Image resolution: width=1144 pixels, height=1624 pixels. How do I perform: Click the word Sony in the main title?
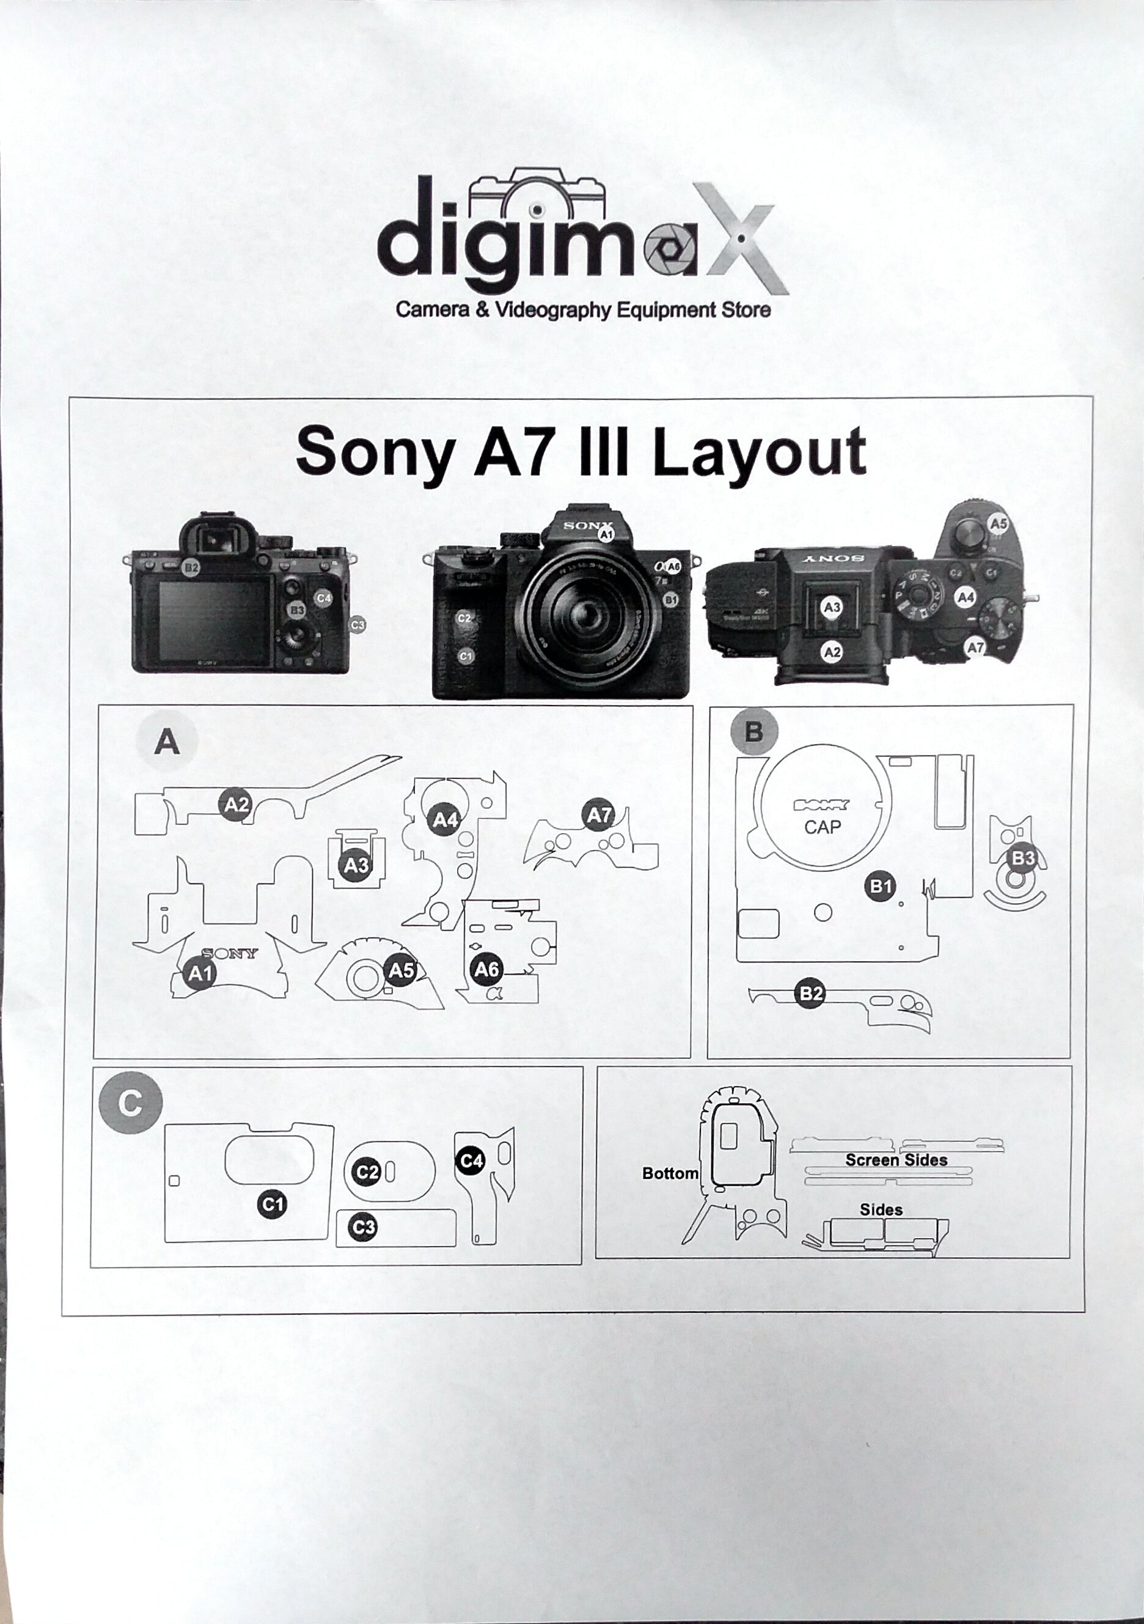[375, 452]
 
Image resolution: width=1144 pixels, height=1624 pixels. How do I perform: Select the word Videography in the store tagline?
[552, 310]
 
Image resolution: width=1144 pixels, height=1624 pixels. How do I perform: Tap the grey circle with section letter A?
[167, 742]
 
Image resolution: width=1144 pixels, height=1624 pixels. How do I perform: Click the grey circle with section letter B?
[754, 731]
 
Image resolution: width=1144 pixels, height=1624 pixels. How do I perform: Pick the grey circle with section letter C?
[131, 1102]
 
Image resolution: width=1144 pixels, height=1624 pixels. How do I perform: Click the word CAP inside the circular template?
[823, 827]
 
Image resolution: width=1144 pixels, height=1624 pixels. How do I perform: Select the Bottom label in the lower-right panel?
[670, 1173]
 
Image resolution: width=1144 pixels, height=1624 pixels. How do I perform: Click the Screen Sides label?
[896, 1160]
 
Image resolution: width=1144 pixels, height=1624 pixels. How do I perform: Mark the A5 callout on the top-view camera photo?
[998, 524]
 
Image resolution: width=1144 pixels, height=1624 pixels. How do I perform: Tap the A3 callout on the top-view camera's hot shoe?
[832, 607]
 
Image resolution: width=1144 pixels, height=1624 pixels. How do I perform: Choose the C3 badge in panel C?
[364, 1227]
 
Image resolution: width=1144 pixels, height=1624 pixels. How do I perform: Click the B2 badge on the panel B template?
[810, 994]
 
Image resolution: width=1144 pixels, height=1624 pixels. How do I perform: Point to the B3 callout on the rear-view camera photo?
[296, 610]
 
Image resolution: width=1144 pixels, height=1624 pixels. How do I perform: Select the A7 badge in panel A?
[599, 816]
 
